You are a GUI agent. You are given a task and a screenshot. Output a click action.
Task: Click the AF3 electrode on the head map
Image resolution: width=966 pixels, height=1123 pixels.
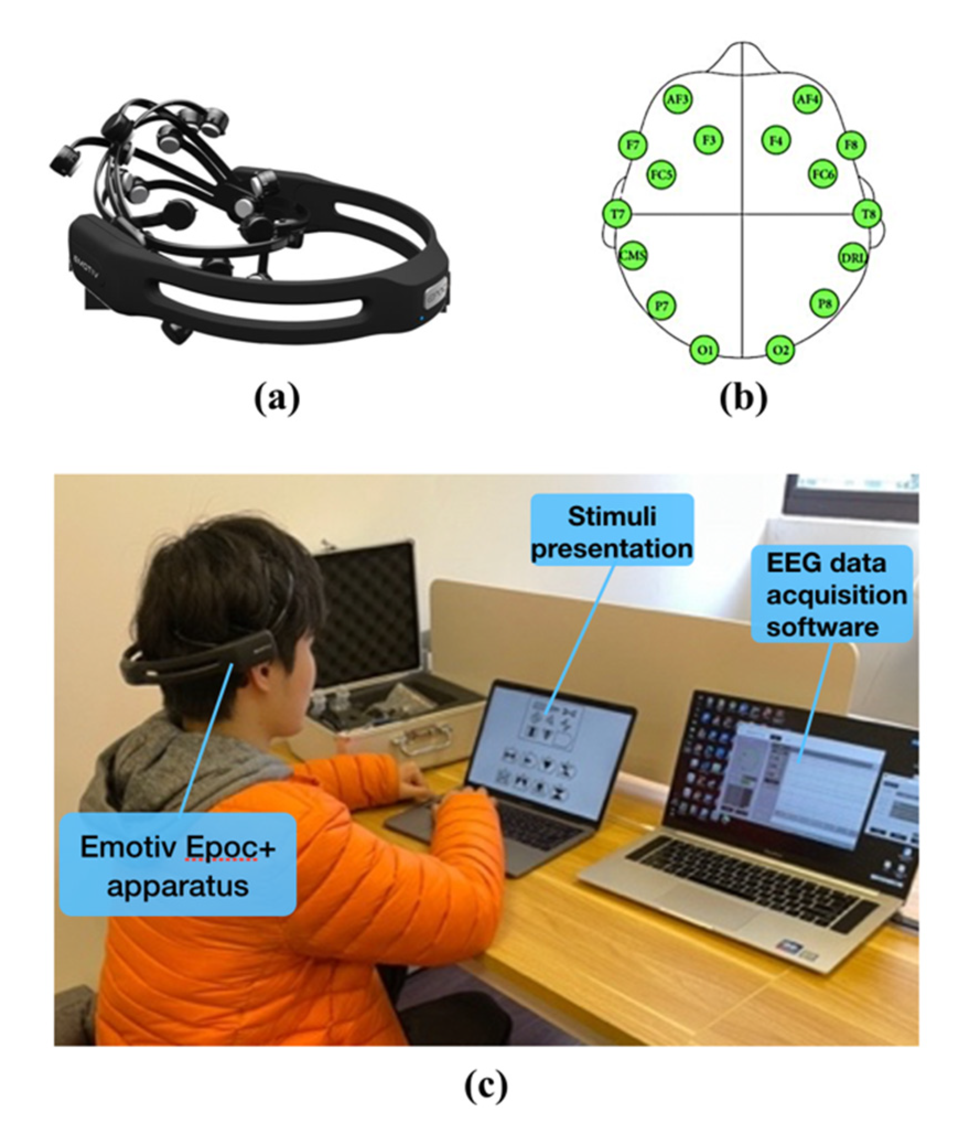click(678, 100)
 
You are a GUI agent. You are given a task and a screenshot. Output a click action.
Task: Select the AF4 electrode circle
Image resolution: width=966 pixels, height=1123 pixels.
click(807, 100)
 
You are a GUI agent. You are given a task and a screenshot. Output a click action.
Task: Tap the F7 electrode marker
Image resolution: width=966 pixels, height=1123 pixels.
click(633, 145)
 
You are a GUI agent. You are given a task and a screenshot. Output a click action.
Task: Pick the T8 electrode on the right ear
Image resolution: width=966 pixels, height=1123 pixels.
click(867, 214)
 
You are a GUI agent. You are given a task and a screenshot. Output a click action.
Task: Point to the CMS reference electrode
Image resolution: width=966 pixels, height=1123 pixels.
click(633, 256)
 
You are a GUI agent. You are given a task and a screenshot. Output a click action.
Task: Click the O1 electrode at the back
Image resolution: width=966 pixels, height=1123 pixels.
click(705, 350)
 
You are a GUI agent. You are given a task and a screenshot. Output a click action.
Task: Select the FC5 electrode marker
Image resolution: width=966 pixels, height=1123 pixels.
click(661, 175)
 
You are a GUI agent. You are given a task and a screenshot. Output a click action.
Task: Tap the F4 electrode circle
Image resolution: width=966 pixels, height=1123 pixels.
click(776, 140)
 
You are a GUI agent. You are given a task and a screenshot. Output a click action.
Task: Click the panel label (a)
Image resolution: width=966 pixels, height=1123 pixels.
click(277, 398)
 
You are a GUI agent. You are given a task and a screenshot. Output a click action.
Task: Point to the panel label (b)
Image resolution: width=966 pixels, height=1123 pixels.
click(743, 398)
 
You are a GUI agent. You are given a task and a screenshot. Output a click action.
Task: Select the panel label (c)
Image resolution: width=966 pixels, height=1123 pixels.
click(486, 1084)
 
